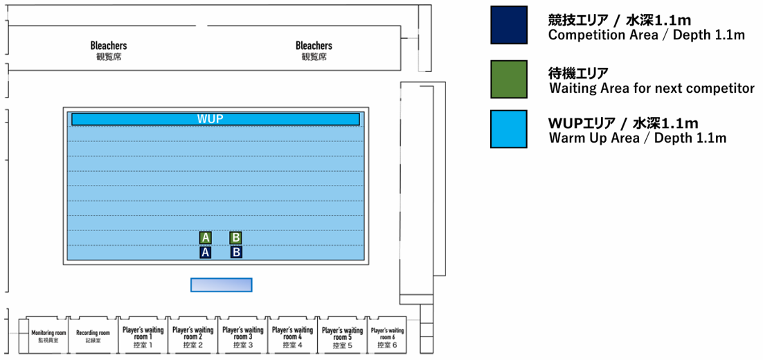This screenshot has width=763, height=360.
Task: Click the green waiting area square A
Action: (205, 237)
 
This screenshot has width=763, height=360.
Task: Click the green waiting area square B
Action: (235, 237)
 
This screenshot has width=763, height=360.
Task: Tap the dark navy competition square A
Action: (205, 253)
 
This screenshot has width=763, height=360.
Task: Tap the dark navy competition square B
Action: (236, 253)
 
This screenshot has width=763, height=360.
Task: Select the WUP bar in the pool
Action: (215, 119)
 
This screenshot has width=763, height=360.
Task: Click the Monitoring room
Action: (48, 336)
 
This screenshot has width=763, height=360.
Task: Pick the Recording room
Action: (93, 336)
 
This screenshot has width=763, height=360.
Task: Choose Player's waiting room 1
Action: (142, 336)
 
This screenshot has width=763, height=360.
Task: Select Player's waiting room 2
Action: (192, 336)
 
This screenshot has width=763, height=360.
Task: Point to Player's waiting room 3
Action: (242, 336)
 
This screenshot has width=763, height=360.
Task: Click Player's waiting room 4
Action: (292, 336)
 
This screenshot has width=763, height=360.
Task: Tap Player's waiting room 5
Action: (342, 336)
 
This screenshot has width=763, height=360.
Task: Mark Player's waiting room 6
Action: (387, 336)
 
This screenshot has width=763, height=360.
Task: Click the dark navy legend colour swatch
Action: (508, 26)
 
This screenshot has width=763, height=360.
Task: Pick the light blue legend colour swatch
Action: (508, 129)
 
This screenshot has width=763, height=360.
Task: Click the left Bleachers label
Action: (109, 51)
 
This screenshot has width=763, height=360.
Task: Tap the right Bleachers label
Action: (314, 51)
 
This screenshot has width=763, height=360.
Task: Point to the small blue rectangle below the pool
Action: (221, 285)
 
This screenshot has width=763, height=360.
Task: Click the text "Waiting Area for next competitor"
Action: (651, 89)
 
